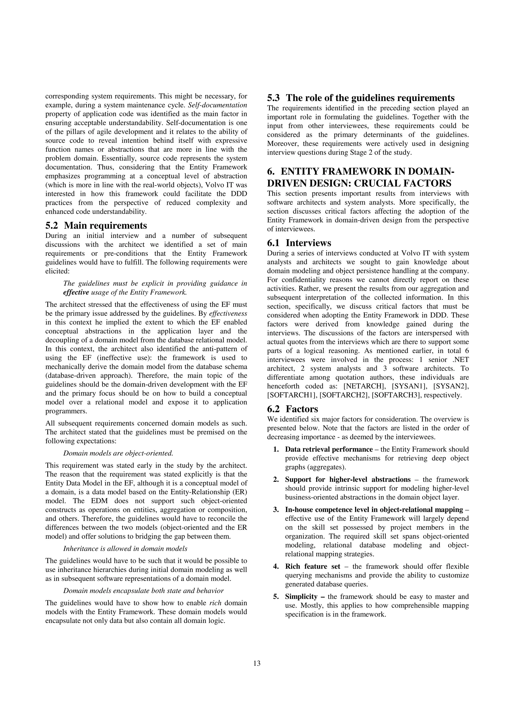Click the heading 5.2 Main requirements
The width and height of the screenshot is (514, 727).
[96, 225]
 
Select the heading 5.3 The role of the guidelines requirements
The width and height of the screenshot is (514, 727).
[361, 98]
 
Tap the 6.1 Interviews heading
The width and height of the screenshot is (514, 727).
[299, 243]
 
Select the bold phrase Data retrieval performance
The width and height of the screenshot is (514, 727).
[329, 449]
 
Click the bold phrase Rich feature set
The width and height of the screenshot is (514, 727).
[312, 566]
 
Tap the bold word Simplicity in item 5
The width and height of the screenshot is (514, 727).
[301, 597]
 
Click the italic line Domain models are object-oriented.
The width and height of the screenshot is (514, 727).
[118, 453]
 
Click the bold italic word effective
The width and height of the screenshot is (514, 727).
[76, 292]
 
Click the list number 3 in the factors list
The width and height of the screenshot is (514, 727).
[275, 510]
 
